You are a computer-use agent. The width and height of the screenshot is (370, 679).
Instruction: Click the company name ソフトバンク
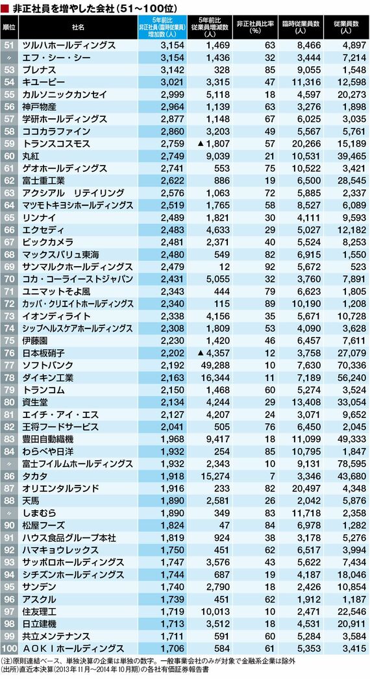click(47, 365)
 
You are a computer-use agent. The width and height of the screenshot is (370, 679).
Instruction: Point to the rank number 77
click(9, 365)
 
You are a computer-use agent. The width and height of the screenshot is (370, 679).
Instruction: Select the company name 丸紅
click(32, 155)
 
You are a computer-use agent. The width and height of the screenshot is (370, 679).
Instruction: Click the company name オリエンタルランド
click(60, 488)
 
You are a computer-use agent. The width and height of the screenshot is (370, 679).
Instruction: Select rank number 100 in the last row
click(9, 648)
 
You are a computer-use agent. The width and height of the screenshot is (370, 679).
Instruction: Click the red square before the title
click(5, 7)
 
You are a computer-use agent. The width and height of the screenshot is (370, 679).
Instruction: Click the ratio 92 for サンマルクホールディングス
click(270, 266)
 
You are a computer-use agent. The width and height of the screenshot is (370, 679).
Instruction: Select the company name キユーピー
click(43, 82)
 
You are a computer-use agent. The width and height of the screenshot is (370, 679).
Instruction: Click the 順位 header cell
click(9, 27)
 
